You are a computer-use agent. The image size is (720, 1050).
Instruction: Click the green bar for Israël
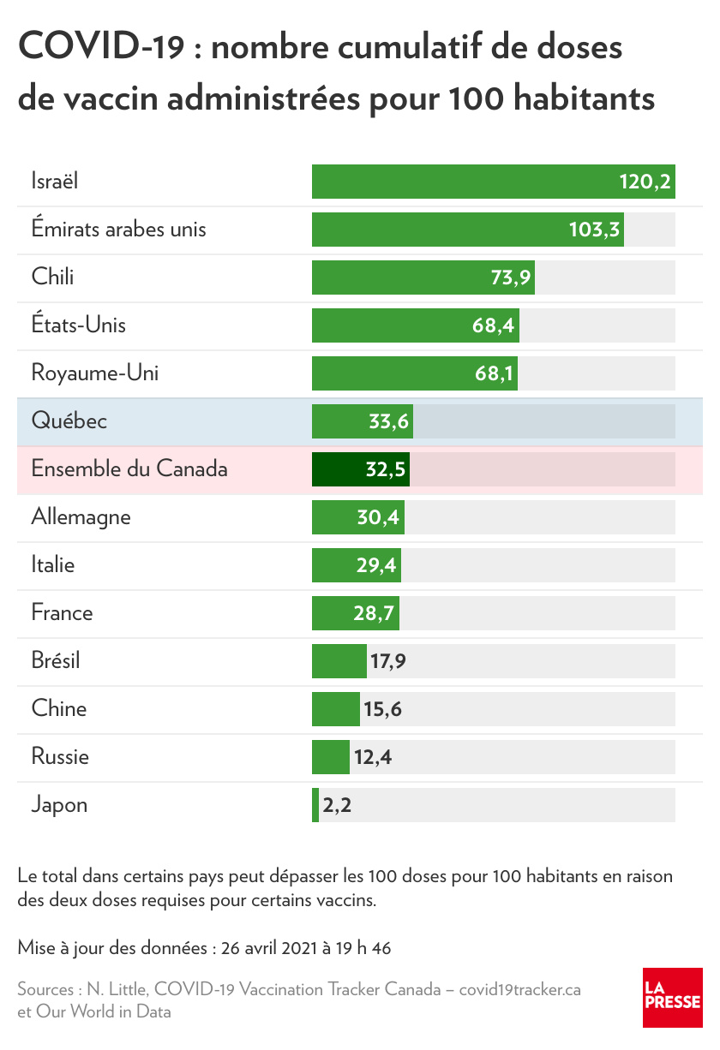click(x=493, y=182)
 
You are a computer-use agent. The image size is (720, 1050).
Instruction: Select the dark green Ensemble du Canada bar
click(x=360, y=469)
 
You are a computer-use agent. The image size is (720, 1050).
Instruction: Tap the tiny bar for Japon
click(x=315, y=805)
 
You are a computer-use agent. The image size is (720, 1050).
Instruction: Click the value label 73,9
click(x=509, y=277)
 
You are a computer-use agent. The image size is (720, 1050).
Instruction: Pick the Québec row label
click(x=69, y=421)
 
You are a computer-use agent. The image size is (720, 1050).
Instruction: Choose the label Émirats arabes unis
click(x=118, y=230)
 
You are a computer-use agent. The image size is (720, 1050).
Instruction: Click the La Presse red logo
click(x=673, y=998)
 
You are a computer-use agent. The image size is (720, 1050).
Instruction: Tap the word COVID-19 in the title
click(x=101, y=48)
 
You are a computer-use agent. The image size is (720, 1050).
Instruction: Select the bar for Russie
click(x=331, y=757)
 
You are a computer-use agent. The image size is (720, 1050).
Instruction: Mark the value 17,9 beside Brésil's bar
click(x=387, y=661)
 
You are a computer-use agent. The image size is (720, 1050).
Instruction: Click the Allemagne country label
click(x=81, y=517)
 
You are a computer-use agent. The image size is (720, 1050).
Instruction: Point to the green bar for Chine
click(x=336, y=709)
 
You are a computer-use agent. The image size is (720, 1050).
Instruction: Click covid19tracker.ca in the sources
click(x=520, y=990)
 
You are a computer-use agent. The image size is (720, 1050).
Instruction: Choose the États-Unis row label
click(x=79, y=325)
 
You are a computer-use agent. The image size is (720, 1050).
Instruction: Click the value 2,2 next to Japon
click(x=337, y=805)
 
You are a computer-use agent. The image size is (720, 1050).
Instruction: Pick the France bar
click(x=355, y=613)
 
